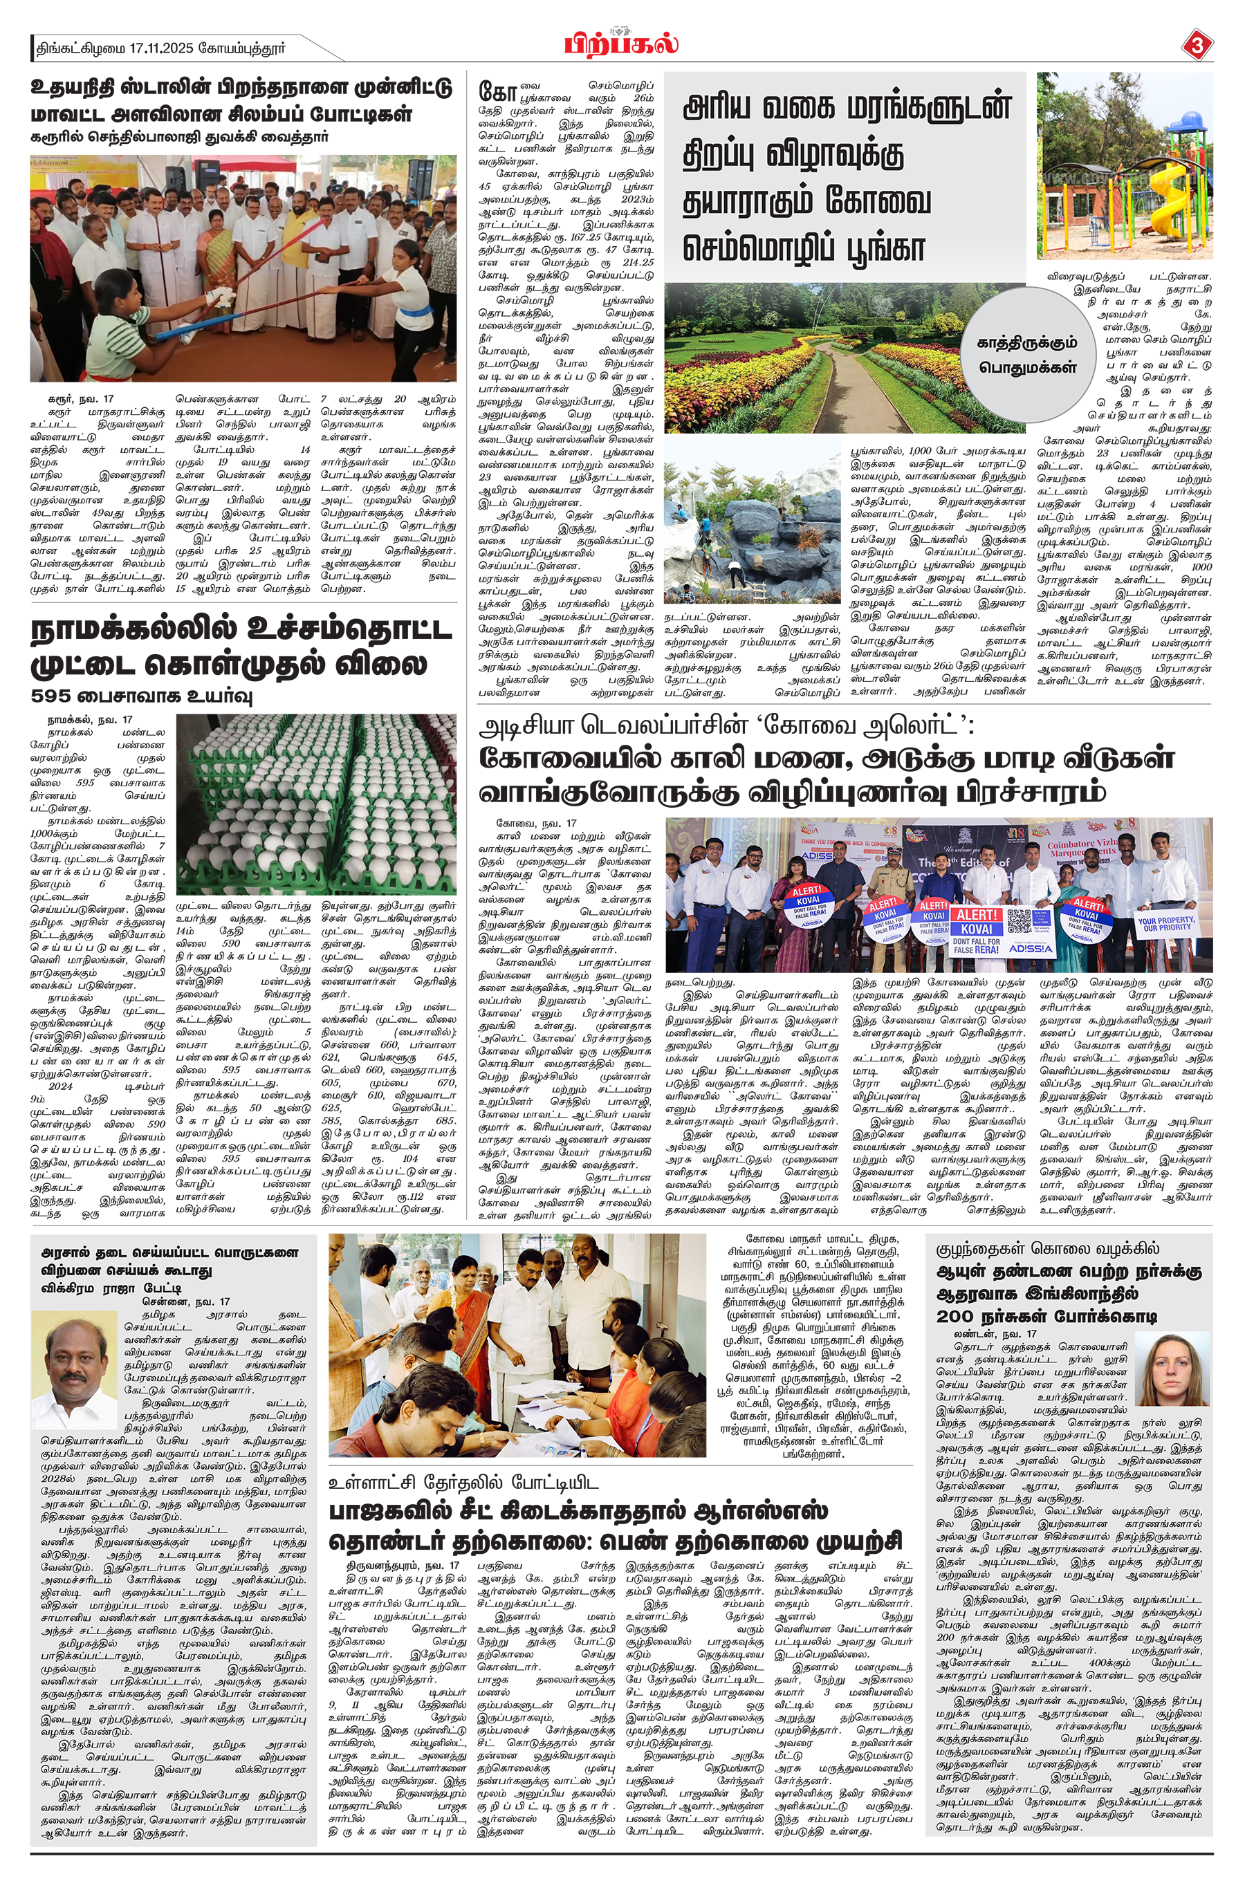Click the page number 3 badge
pos(1197,45)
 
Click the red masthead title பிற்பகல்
pos(621,43)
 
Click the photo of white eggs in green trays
pos(316,803)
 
